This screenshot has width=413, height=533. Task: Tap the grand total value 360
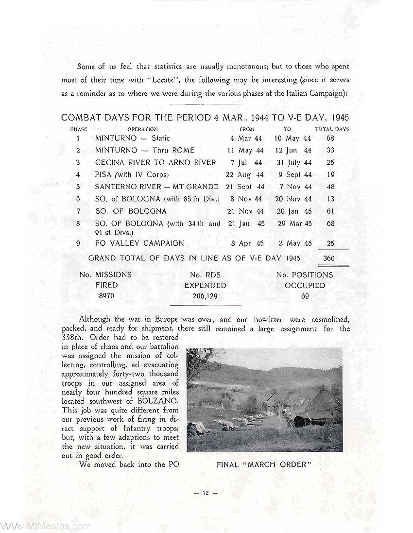click(x=329, y=258)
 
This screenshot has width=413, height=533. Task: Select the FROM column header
click(x=247, y=129)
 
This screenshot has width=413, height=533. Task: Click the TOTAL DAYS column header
click(x=332, y=129)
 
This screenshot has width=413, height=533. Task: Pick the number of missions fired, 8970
click(x=106, y=295)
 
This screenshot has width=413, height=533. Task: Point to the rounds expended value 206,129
click(x=205, y=295)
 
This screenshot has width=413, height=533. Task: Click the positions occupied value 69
click(x=305, y=295)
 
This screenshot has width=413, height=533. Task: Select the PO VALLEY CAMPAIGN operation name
click(x=139, y=243)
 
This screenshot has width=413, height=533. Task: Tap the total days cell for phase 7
click(x=330, y=211)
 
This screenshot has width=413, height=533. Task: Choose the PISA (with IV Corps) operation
click(x=132, y=174)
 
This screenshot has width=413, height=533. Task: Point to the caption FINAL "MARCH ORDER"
click(x=264, y=464)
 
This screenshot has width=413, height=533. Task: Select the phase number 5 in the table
click(x=78, y=187)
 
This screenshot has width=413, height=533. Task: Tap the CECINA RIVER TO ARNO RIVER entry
click(x=155, y=162)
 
